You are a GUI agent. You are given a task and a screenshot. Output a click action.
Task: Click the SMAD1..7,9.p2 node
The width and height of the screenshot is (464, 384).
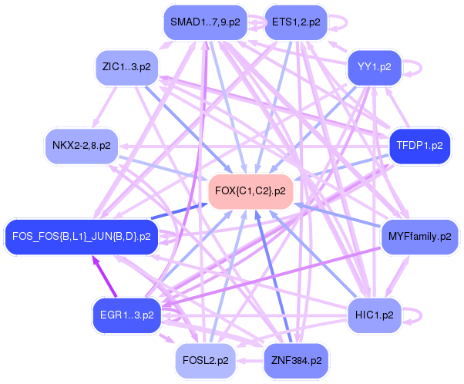tap(205, 22)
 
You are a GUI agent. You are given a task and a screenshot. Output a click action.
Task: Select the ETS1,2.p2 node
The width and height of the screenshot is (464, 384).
tap(296, 22)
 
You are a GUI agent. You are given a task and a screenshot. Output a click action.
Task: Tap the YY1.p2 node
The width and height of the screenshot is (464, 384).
tap(375, 67)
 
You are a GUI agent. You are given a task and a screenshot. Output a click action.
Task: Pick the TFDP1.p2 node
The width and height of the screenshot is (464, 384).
tap(419, 145)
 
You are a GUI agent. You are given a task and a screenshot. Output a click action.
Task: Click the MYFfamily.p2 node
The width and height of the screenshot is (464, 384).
tap(419, 237)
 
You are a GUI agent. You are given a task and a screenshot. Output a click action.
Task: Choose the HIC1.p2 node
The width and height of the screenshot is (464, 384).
tap(375, 315)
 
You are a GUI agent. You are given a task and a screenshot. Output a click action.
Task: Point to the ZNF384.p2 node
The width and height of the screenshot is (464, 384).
tap(296, 360)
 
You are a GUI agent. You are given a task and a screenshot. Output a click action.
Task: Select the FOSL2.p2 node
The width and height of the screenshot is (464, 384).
tap(205, 360)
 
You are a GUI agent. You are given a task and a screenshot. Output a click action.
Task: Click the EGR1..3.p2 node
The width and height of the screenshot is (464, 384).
tap(126, 315)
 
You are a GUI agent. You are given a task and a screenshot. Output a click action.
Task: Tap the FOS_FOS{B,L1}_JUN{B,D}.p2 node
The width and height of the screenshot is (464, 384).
tap(82, 237)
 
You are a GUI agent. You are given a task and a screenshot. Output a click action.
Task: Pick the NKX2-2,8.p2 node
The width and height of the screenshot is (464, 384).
tap(82, 145)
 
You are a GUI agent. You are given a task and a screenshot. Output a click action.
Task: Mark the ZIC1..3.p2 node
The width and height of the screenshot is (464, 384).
tap(126, 67)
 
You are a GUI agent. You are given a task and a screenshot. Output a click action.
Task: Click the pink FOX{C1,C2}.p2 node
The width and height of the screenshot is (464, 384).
tap(250, 190)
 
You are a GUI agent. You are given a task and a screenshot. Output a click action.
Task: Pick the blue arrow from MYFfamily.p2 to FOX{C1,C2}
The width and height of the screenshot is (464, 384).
tap(339, 215)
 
